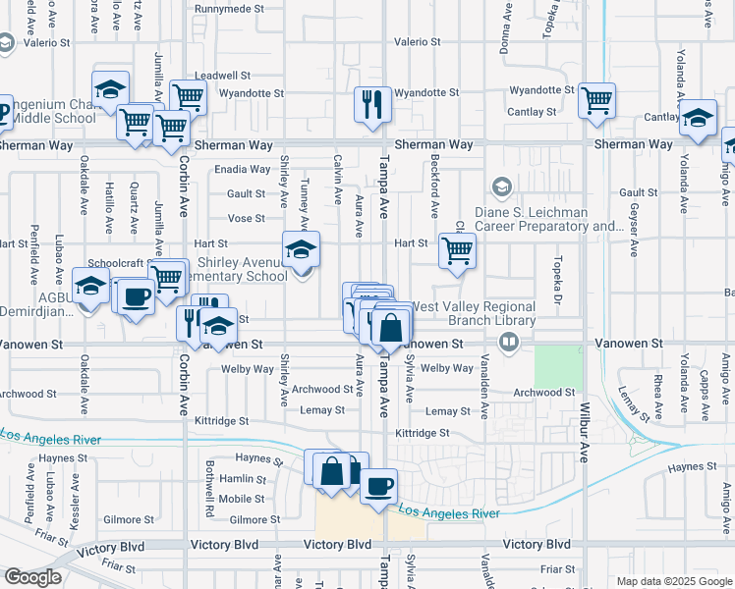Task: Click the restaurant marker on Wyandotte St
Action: [372, 104]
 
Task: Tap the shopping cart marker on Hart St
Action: [457, 250]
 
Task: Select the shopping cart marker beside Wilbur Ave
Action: [596, 100]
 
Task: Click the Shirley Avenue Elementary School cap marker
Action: [302, 249]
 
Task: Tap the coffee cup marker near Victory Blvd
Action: [378, 485]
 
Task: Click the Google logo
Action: [32, 578]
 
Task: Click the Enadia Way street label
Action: [240, 169]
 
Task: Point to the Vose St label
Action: [246, 219]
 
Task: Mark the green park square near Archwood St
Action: [558, 367]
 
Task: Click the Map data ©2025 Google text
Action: [673, 581]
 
